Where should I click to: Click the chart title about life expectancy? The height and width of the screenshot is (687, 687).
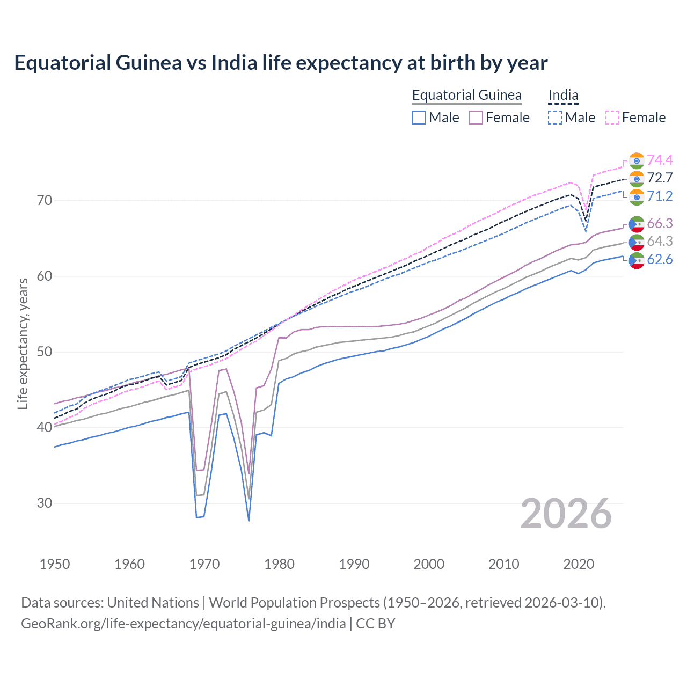281,63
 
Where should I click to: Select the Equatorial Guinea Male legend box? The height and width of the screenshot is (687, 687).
419,118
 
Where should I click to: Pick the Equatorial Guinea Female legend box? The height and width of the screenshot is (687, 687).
476,118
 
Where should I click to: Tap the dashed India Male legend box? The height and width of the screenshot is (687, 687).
555,118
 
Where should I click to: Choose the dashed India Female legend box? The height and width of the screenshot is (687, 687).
612,118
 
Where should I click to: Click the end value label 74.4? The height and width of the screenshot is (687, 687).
660,160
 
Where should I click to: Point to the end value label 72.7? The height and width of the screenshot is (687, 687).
660,178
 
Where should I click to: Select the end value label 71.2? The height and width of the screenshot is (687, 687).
660,196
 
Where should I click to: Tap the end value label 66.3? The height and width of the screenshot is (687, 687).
660,223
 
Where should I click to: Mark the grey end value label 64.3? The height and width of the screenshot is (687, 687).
660,242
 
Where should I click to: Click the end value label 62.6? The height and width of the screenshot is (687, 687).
660,260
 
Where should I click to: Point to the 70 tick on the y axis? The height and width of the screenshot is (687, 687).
45,201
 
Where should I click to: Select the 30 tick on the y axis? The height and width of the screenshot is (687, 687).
45,503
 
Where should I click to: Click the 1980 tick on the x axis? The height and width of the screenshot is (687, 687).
279,564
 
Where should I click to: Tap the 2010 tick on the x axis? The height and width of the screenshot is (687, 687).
503,564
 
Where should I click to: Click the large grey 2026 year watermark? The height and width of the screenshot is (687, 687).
566,514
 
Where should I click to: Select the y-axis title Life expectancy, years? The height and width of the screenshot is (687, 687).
23,343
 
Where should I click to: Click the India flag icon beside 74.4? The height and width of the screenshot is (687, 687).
637,160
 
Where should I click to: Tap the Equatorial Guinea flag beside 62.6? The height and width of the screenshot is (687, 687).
637,260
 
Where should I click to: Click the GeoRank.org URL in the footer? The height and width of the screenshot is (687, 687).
183,624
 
